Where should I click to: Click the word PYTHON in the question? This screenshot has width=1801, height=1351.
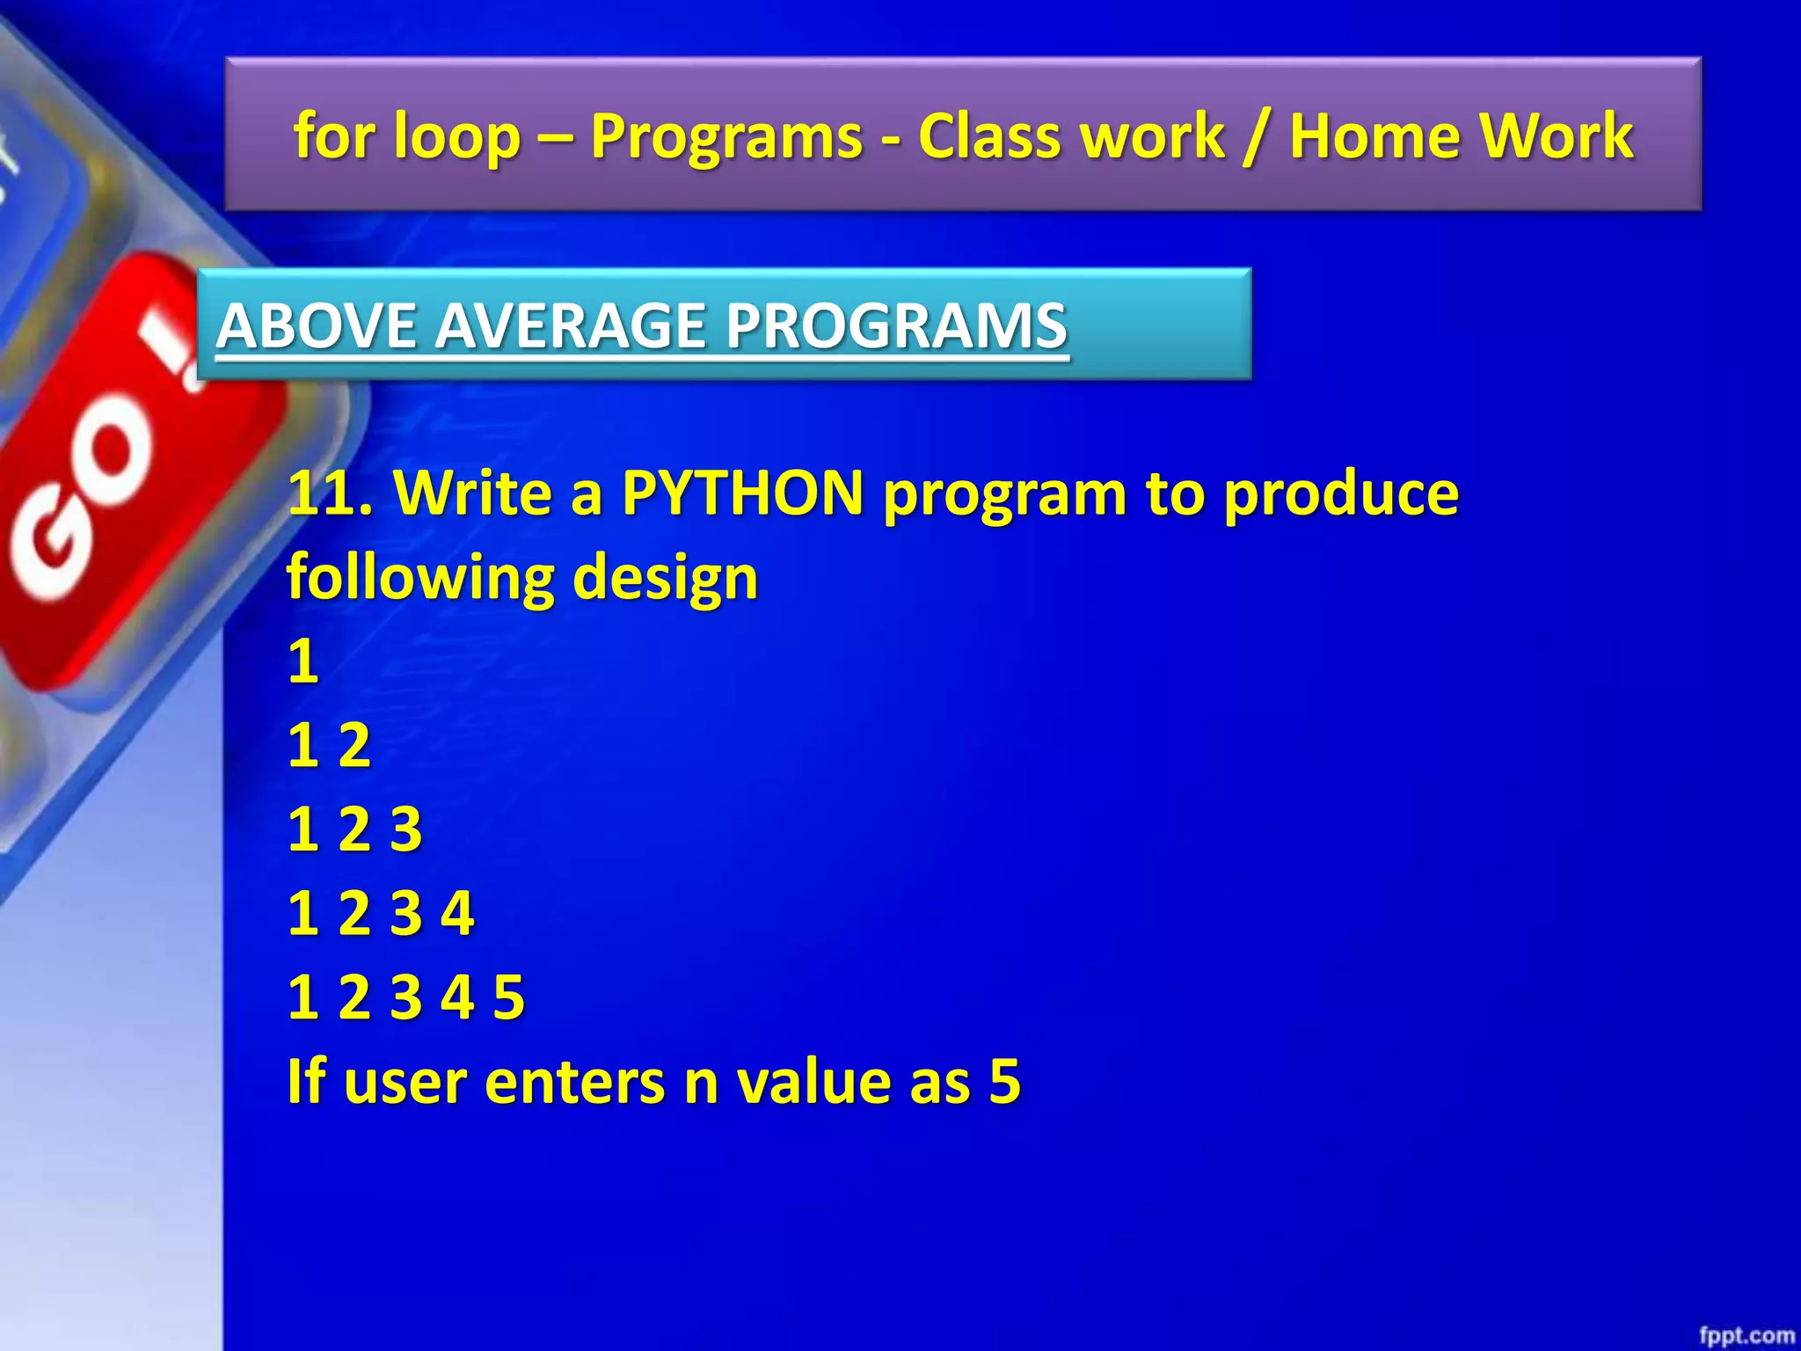click(x=742, y=493)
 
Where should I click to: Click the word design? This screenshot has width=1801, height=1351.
click(x=665, y=578)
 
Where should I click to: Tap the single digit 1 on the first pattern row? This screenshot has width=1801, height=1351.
click(x=303, y=661)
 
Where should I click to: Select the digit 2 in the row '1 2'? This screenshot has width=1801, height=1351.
click(x=354, y=746)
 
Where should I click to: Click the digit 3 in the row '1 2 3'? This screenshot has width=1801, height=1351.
click(x=406, y=829)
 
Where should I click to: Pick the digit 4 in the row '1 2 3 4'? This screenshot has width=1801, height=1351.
click(x=457, y=913)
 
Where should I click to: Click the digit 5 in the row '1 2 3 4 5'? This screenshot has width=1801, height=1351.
click(x=508, y=997)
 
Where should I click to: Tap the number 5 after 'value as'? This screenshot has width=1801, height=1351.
click(x=1004, y=1081)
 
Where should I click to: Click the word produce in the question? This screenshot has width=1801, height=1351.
click(x=1341, y=493)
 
